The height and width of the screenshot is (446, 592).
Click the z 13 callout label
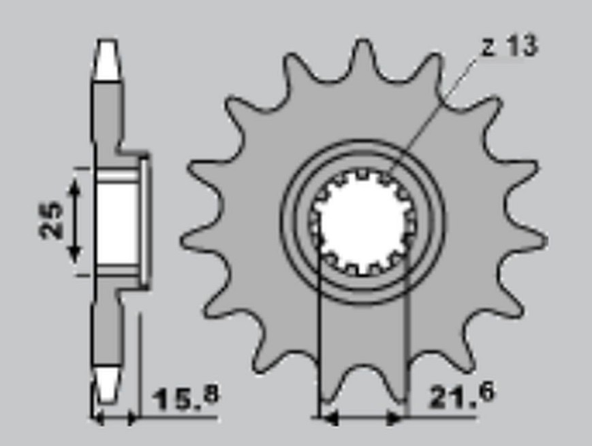tap(510, 47)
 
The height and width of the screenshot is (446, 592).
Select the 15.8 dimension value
tap(186, 398)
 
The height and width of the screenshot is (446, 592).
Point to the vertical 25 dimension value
tap(51, 221)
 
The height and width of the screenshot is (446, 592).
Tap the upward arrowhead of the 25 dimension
tap(75, 187)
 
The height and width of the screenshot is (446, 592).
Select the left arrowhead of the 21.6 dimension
tap(329, 417)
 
